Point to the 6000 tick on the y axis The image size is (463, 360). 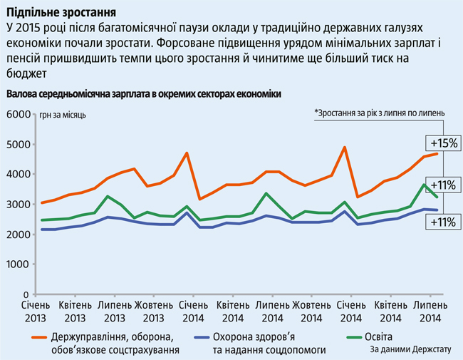click(x=18, y=114)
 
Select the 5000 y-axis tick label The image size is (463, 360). click(x=18, y=144)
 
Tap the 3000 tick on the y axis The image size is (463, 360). click(x=18, y=205)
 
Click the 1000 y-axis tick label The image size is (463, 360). click(x=18, y=264)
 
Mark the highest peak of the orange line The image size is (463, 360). click(x=345, y=148)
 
